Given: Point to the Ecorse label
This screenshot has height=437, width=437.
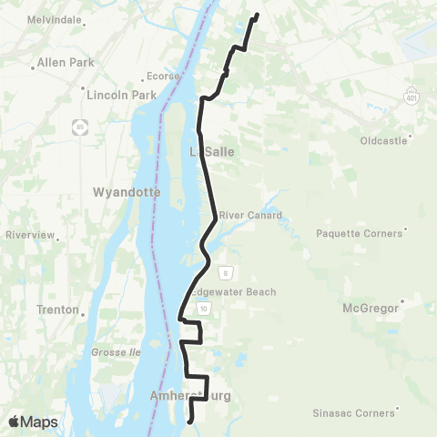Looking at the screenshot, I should coord(163,76).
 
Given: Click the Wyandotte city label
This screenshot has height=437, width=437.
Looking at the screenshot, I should coord(127,192).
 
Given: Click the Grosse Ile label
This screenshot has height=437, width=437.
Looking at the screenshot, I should coord(113,351).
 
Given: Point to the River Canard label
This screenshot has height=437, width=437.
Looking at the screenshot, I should coord(249,216).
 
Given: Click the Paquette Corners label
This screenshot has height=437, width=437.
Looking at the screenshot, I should coord(359,233).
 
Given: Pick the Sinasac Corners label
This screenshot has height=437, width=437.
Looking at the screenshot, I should coord(351,412).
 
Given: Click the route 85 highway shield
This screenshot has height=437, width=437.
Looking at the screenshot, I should coord(81,127).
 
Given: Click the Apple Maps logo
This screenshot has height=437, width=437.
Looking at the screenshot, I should coord(32,422).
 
